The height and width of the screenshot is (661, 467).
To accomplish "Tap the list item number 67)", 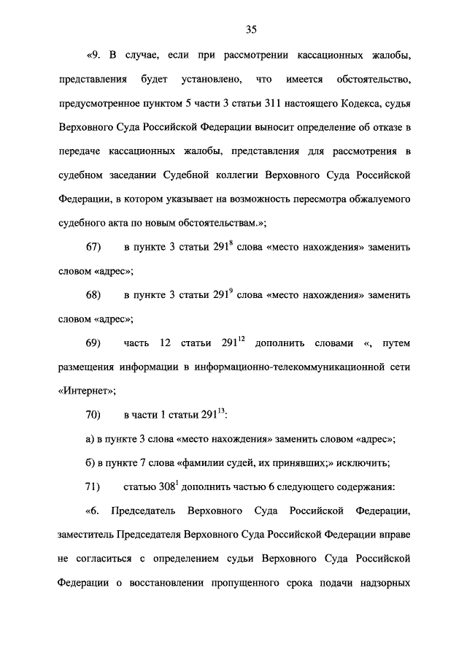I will [93, 247].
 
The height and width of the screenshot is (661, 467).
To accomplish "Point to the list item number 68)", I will [93, 295].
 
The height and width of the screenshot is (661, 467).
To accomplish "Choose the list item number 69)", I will [93, 343].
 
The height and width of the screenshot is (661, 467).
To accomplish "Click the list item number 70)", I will [93, 415].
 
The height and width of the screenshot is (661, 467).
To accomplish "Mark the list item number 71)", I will [93, 487].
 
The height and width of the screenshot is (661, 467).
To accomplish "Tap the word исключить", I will [367, 463].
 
